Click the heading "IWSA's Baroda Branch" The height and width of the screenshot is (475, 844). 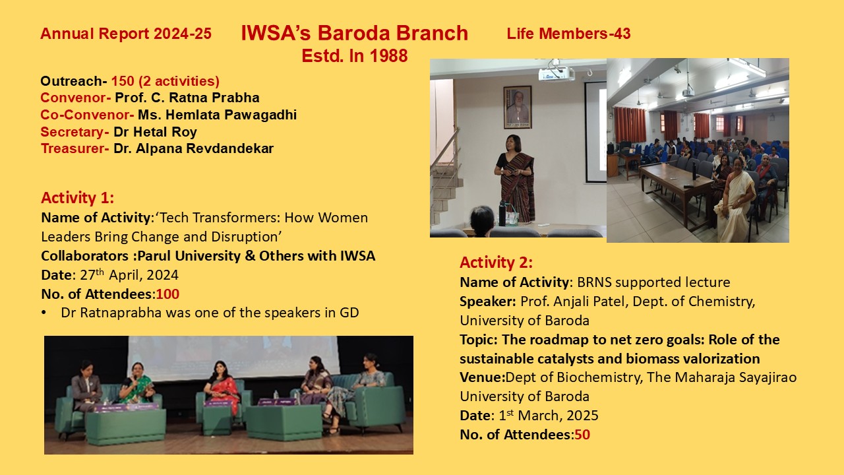[355, 33]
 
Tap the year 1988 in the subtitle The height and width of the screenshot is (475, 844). [388, 56]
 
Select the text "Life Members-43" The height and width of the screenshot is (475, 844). [568, 34]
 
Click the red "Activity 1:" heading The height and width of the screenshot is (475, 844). [77, 197]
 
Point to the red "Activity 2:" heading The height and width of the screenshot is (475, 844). [497, 263]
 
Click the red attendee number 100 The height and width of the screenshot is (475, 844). [167, 294]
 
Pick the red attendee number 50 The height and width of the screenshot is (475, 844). [582, 435]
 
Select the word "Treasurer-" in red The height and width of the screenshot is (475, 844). [75, 148]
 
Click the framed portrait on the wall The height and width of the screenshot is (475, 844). [518, 107]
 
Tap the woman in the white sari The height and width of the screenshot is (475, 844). [735, 199]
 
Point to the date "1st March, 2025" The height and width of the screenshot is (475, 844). [548, 416]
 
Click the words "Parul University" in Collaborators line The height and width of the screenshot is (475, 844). [189, 256]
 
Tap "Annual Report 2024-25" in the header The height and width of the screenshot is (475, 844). [126, 34]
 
